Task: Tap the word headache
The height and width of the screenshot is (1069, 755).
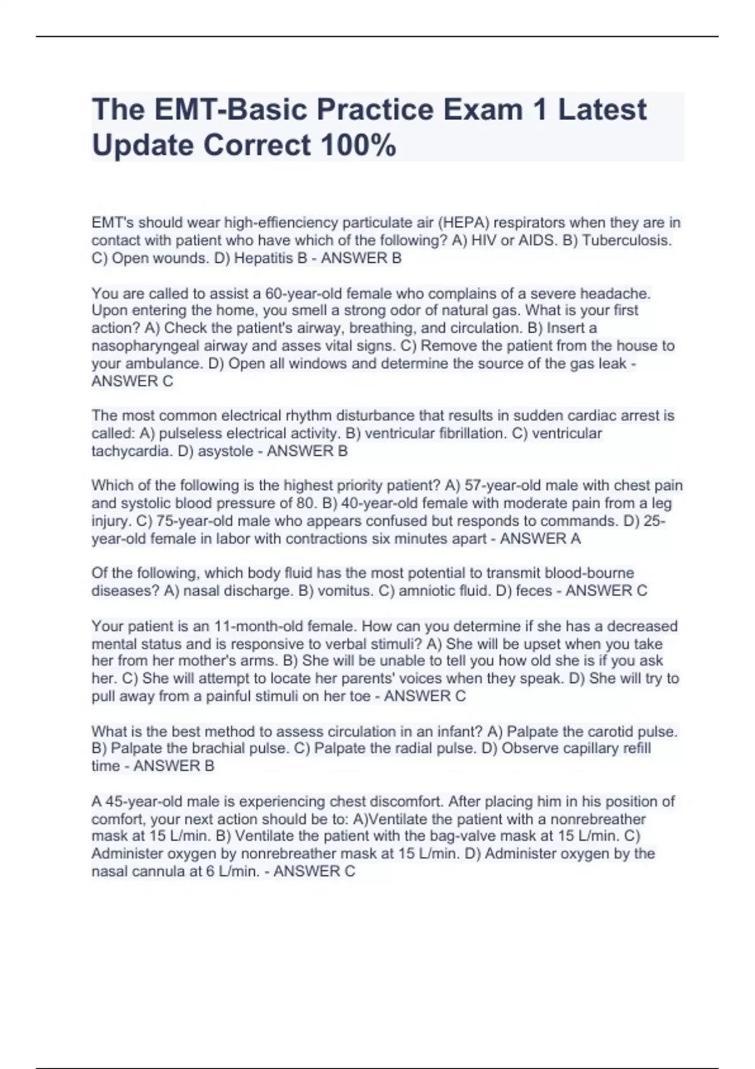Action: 615,293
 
